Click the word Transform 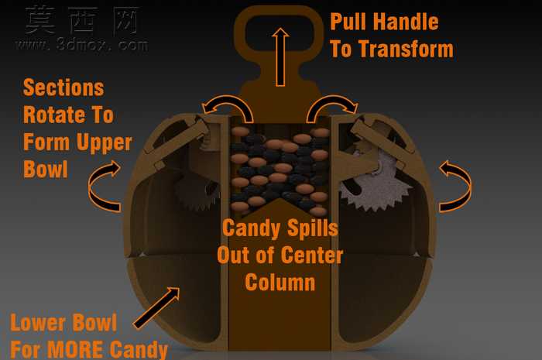point(406,49)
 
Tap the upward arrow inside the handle point(280,57)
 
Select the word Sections point(63,87)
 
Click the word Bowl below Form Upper point(45,169)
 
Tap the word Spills point(313,229)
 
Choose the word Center point(312,255)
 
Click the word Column point(280,283)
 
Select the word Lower point(37,323)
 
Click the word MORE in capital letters point(74,349)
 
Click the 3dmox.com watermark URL point(82,45)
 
